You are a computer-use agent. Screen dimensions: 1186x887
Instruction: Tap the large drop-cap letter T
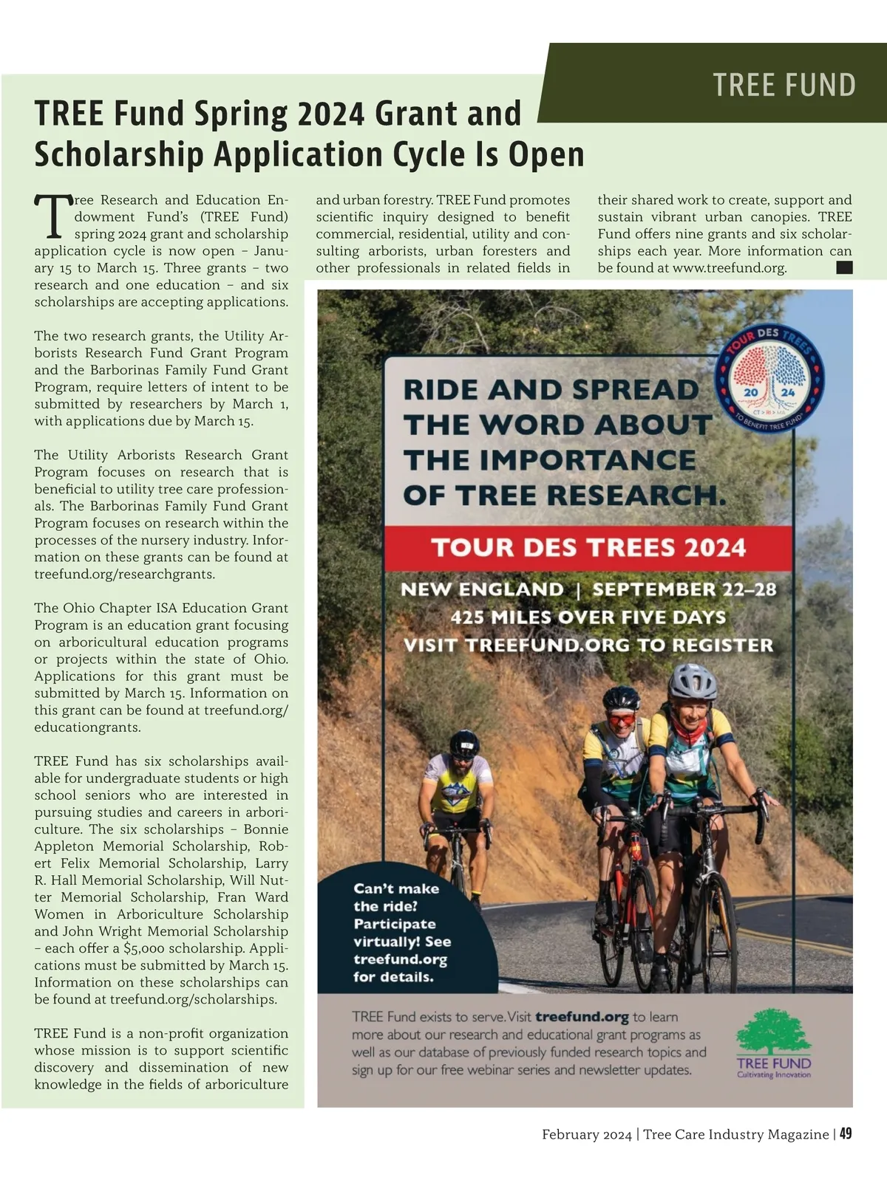point(53,216)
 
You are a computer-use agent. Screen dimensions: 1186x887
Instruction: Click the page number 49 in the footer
point(846,1134)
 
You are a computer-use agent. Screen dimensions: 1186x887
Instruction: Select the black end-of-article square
point(844,267)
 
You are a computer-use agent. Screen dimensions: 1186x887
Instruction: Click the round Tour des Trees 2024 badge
point(769,379)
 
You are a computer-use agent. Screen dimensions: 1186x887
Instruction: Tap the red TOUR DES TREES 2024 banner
point(588,548)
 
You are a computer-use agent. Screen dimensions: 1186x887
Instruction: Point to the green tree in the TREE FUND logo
point(772,1032)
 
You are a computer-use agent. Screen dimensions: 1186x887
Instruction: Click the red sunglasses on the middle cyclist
point(622,719)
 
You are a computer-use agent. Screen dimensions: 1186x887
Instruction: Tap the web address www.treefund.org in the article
point(729,268)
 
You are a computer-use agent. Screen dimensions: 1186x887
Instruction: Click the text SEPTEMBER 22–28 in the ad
point(684,590)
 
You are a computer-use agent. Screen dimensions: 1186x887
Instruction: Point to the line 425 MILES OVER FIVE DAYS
point(588,617)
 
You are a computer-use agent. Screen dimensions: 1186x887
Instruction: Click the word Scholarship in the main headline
point(118,155)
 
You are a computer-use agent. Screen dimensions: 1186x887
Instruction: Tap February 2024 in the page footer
point(586,1134)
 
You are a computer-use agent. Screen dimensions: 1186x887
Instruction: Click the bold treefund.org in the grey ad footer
point(582,1017)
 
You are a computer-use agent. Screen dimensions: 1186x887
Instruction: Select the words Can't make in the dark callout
point(396,888)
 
